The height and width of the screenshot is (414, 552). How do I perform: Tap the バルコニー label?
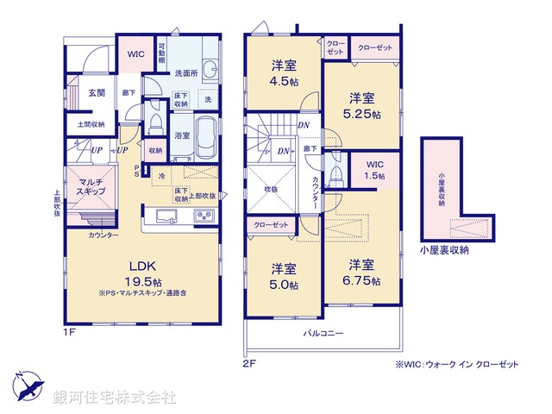[x=323, y=333]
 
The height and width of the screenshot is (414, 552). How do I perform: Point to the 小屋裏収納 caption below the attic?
[x=445, y=250]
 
